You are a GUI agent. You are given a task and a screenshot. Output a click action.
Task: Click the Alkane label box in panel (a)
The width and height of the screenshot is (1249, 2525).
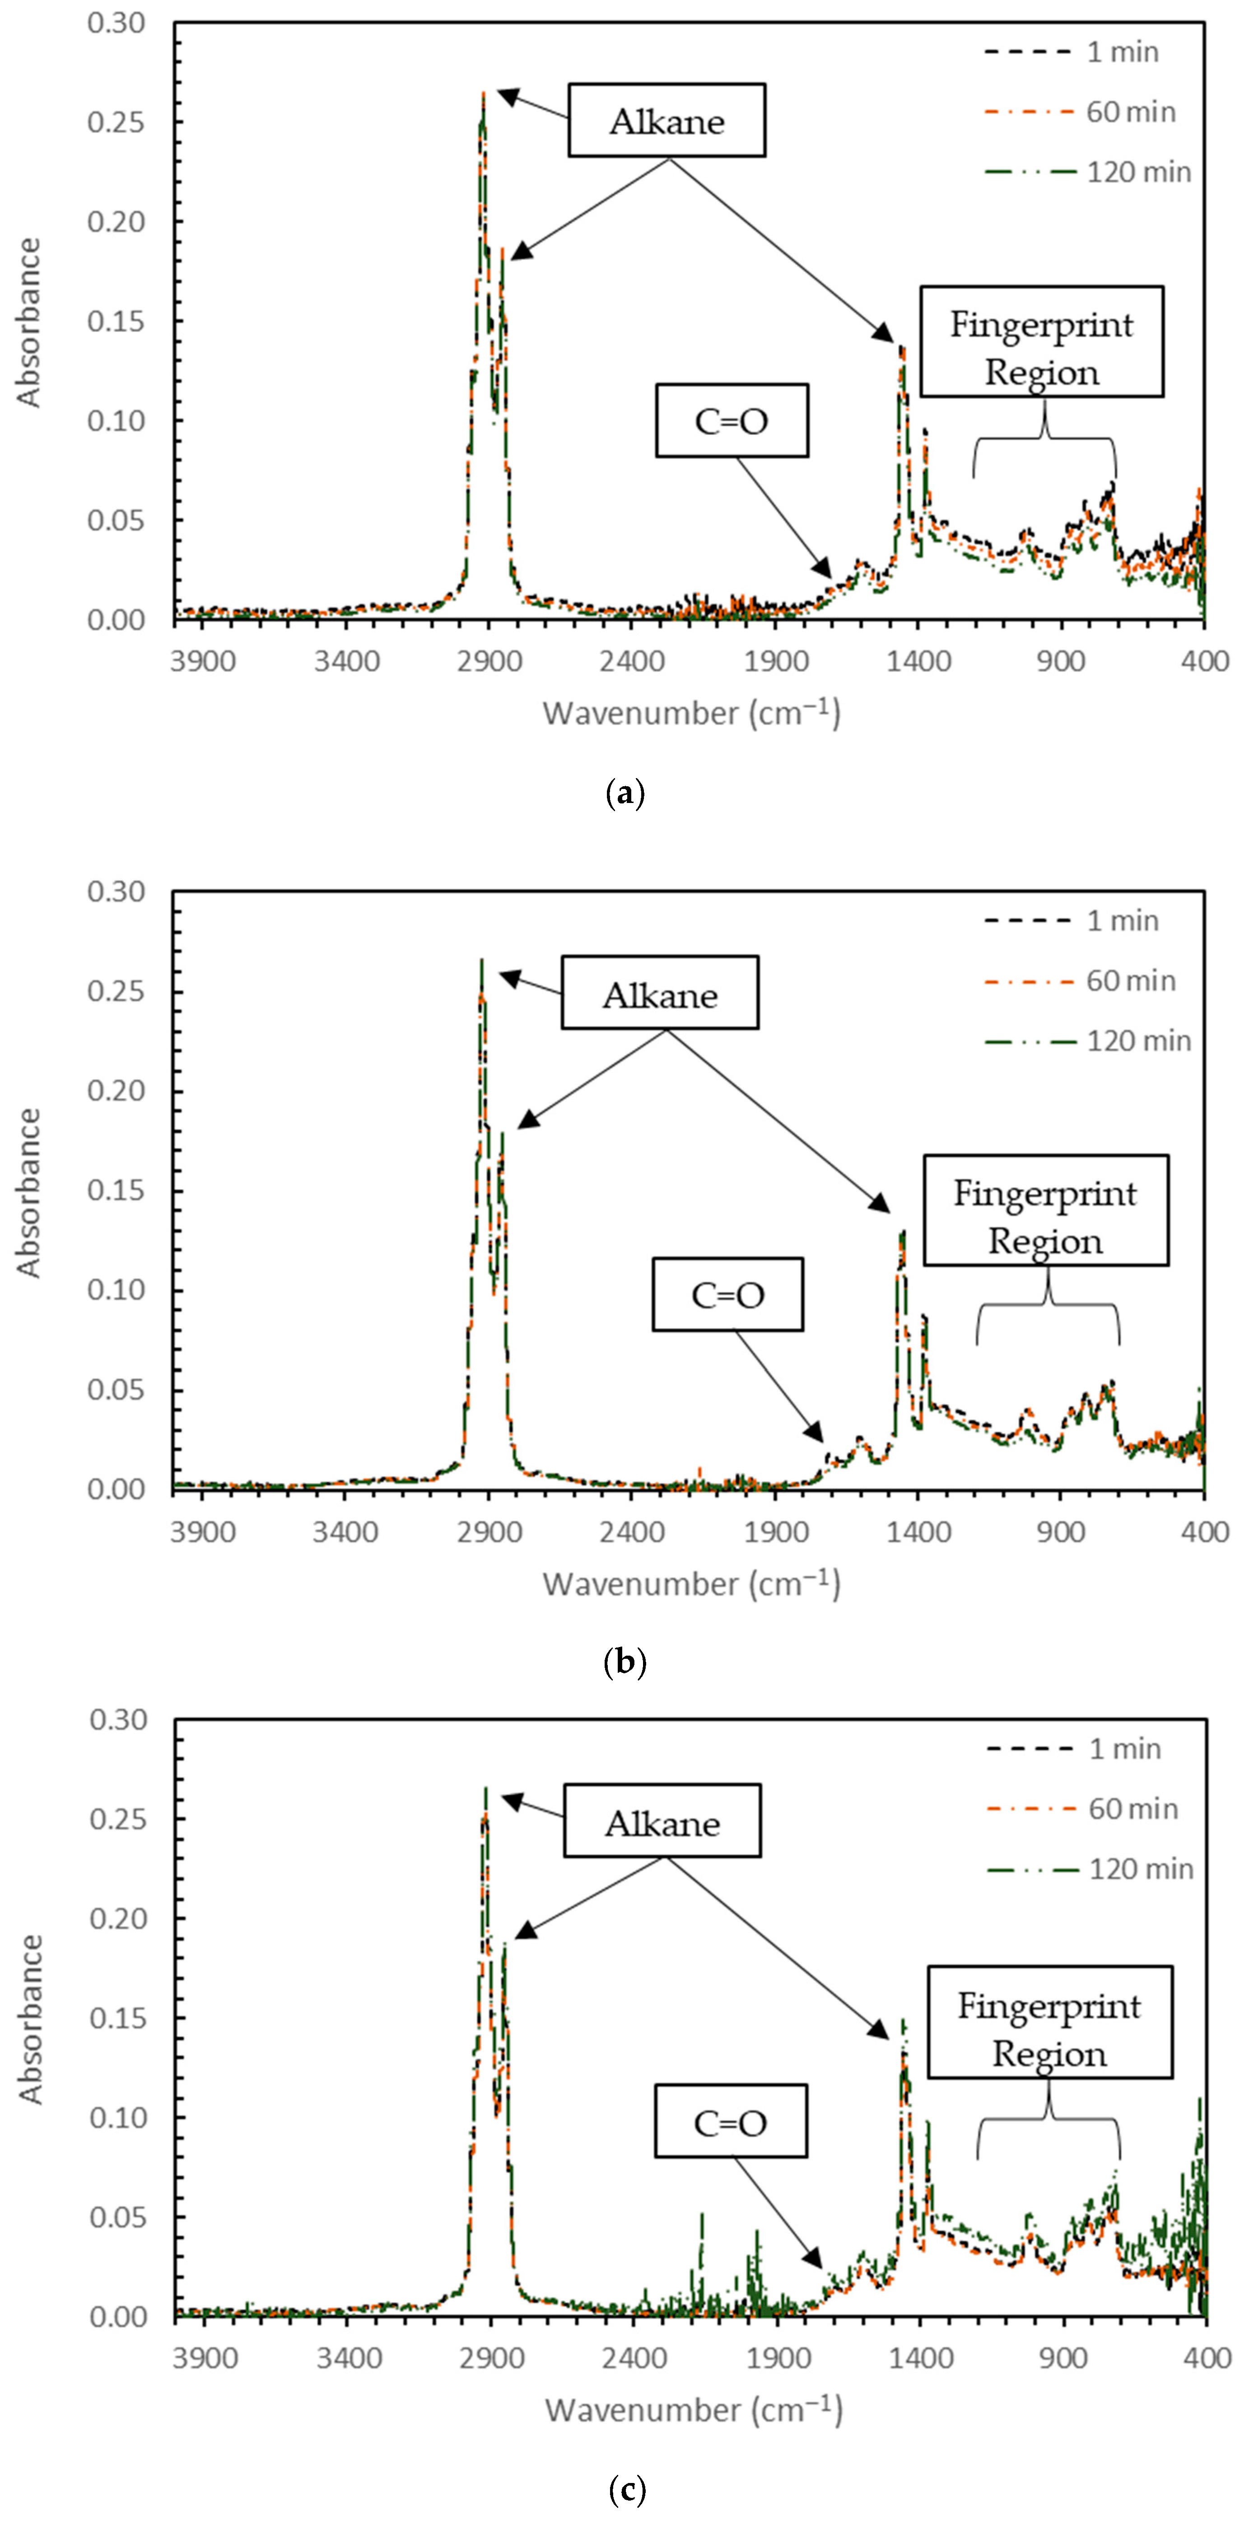[666, 121]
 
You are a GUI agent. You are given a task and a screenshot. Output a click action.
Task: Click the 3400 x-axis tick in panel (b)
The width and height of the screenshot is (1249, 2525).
[346, 1531]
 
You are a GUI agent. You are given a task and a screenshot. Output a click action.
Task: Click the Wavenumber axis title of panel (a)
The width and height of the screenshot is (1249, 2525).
[691, 713]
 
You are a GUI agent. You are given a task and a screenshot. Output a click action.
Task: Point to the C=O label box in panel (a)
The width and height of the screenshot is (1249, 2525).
[732, 420]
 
